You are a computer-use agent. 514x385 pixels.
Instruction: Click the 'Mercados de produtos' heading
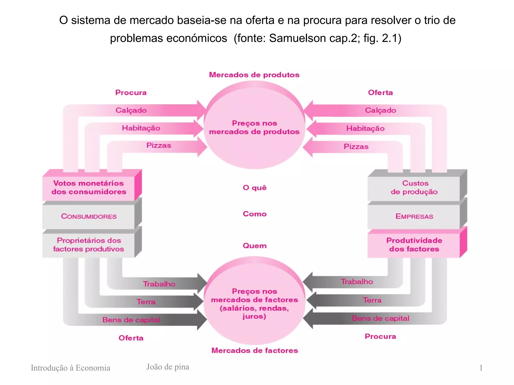point(254,75)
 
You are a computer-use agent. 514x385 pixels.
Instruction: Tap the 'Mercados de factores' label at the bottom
point(254,350)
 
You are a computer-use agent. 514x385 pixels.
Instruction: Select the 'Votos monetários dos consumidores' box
point(89,188)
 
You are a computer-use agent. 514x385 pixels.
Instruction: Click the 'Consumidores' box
point(89,217)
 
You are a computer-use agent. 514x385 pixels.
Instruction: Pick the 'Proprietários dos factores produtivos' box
point(89,245)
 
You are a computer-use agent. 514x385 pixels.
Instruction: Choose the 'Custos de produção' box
point(414,188)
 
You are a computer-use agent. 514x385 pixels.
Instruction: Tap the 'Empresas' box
point(414,217)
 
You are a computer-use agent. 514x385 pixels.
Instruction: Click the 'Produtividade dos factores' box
point(414,245)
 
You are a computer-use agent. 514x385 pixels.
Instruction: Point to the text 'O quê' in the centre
point(254,188)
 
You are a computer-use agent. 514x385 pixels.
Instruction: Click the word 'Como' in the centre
point(254,214)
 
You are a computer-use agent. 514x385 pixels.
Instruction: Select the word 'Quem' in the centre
point(254,246)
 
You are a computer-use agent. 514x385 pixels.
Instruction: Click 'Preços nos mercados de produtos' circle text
point(254,127)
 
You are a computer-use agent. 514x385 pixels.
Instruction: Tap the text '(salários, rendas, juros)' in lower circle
point(254,312)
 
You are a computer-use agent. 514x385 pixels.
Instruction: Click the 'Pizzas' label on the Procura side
point(159,145)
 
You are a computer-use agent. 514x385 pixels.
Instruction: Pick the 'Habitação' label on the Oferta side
point(365,129)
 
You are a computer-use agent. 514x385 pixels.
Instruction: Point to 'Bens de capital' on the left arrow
point(131,320)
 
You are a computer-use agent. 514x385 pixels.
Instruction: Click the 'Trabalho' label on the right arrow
point(357,282)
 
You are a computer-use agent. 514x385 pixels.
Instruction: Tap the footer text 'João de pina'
point(168,367)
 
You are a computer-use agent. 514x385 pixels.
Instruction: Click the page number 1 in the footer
point(481,368)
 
